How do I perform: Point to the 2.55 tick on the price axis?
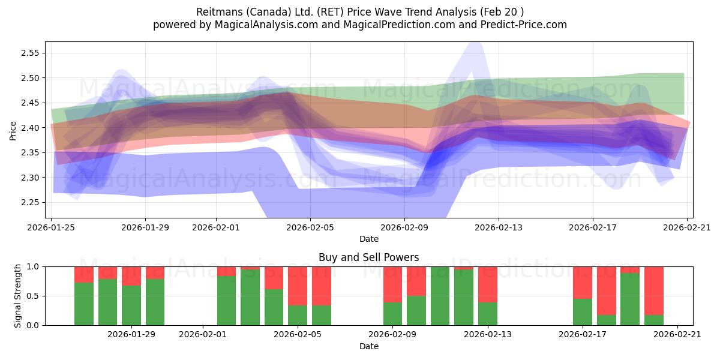30,53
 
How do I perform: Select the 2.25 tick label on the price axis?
30,203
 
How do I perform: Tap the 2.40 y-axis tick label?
30,128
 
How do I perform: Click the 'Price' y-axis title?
13,130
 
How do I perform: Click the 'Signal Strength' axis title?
17,296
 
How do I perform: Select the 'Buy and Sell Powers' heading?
368,257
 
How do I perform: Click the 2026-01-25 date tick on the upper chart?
51,227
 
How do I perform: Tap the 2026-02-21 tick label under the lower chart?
677,334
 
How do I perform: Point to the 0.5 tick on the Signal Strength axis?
33,296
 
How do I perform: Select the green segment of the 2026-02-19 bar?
630,299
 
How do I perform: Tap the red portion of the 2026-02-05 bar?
298,286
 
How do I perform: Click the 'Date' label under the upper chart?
368,239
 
